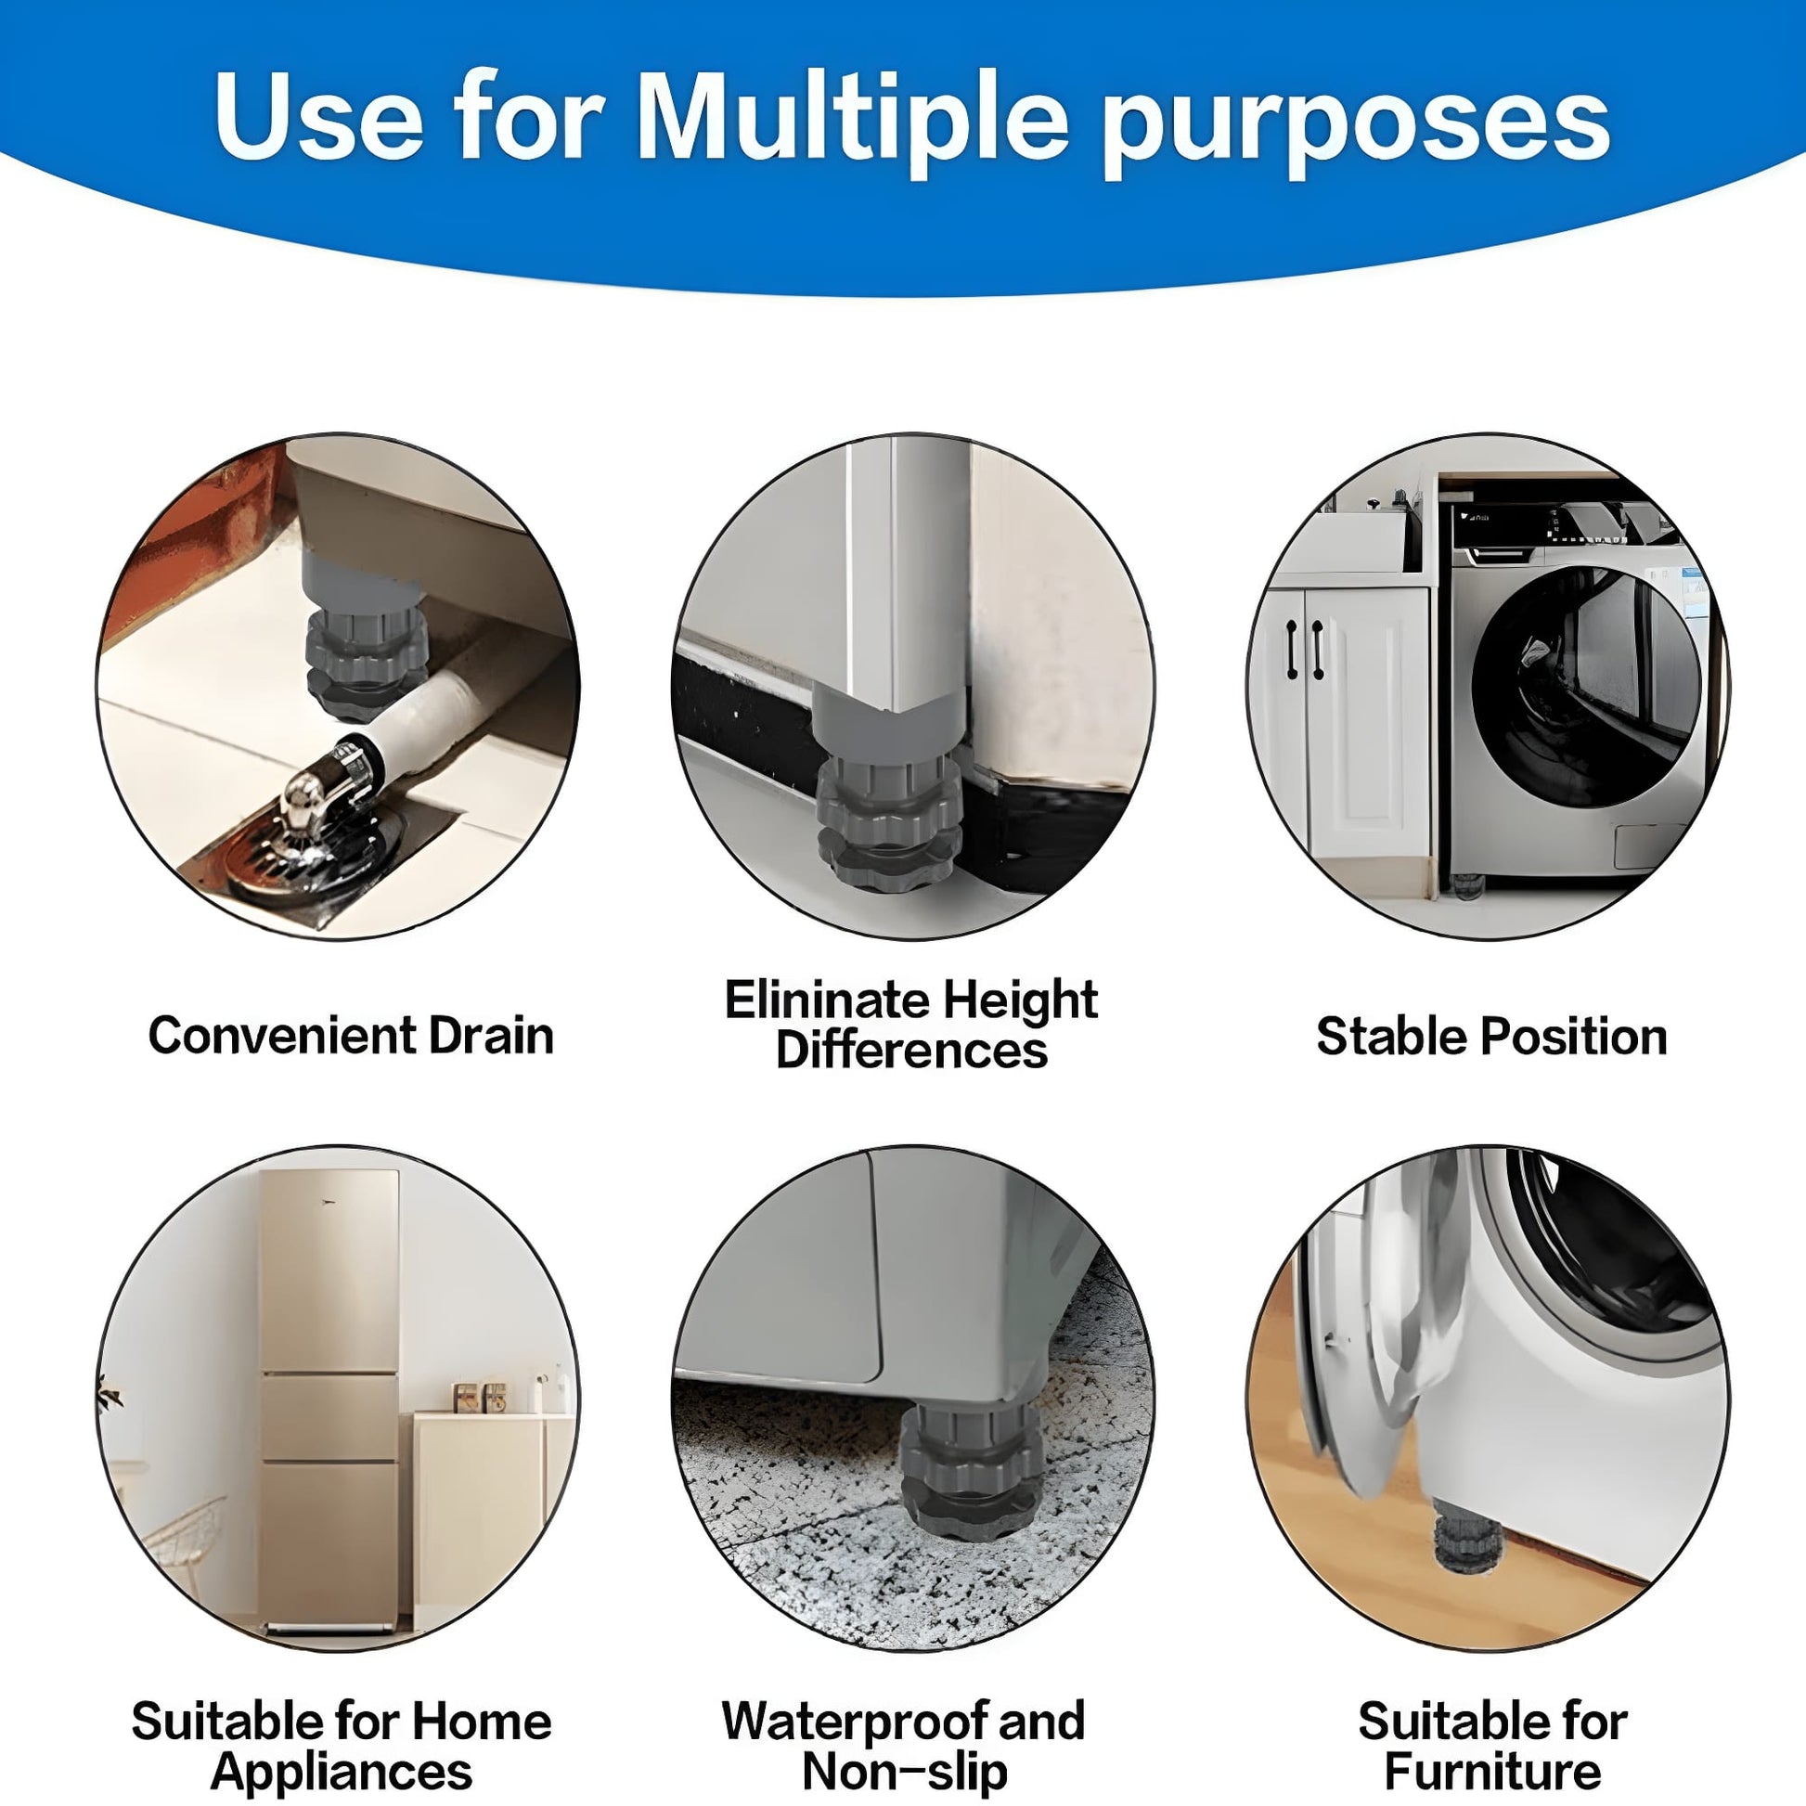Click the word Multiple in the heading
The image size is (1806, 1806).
pos(854,119)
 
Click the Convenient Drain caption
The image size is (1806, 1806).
pos(351,1036)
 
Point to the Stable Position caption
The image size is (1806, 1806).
pos(1492,1037)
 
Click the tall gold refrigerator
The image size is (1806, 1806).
pos(330,1401)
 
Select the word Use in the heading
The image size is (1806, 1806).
pos(318,119)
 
